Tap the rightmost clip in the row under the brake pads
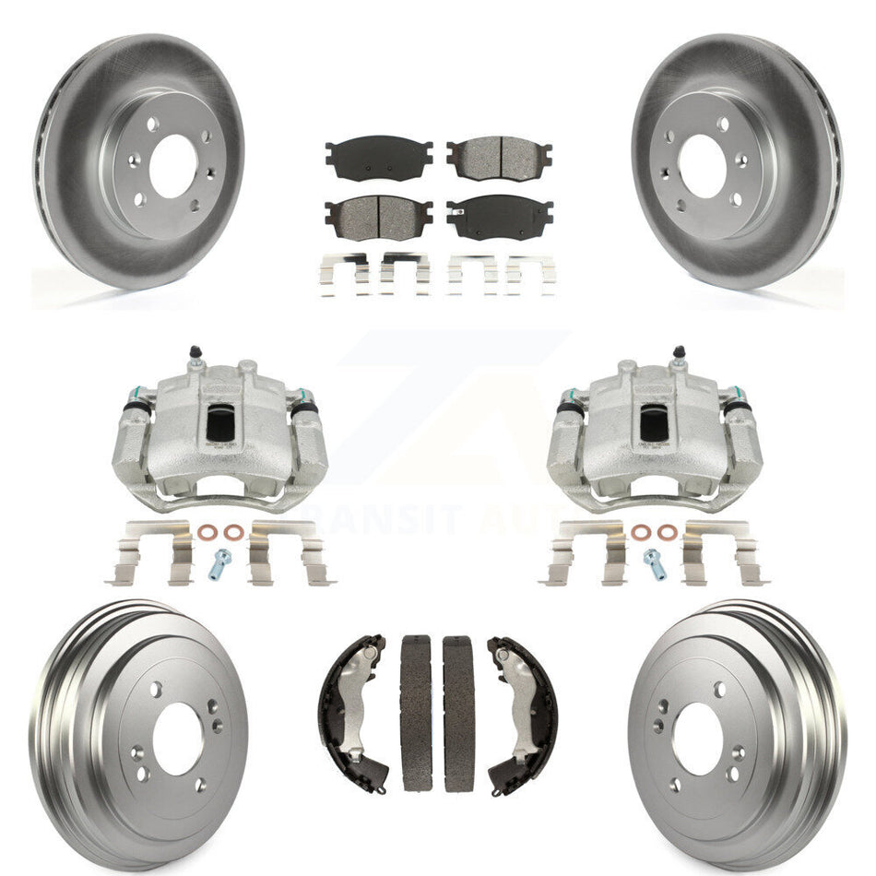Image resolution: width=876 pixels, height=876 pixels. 531,274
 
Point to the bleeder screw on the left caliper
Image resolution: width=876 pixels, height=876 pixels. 195,352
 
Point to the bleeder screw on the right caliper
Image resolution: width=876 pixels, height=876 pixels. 680,352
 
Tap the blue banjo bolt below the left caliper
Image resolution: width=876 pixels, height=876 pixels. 220,562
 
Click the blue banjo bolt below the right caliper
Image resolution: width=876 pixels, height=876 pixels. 654,562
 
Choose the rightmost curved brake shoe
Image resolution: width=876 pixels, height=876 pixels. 524,710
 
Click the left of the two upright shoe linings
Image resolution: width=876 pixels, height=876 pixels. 416,711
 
